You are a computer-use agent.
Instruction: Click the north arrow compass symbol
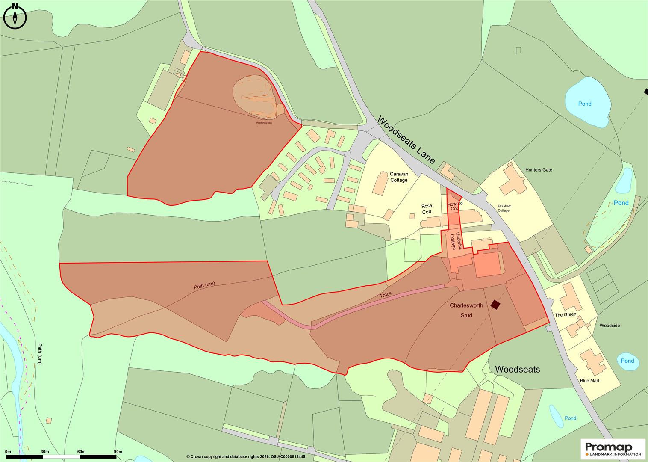click(x=15, y=17)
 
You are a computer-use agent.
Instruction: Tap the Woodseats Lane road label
click(x=406, y=140)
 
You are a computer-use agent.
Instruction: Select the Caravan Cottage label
click(x=399, y=177)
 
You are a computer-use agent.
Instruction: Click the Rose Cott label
click(x=427, y=209)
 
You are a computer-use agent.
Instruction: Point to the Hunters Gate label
click(x=539, y=170)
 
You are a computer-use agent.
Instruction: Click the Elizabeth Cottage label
click(x=504, y=208)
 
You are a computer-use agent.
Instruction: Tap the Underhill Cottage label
click(x=456, y=242)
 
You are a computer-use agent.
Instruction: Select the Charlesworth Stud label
click(x=466, y=310)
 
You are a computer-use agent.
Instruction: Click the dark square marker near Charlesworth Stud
click(x=495, y=305)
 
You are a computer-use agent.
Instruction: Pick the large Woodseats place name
click(x=517, y=370)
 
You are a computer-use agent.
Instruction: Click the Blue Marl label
click(x=589, y=381)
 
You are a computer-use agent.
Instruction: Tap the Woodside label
click(x=609, y=326)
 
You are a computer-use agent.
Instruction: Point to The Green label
click(x=565, y=315)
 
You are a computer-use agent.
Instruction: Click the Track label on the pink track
click(x=385, y=295)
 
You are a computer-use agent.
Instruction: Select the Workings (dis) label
click(x=264, y=123)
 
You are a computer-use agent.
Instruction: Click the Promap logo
click(x=613, y=449)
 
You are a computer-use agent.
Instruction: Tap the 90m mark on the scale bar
click(x=118, y=452)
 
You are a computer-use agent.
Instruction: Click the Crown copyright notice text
click(x=245, y=457)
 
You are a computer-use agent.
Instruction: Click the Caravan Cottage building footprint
click(x=379, y=184)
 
